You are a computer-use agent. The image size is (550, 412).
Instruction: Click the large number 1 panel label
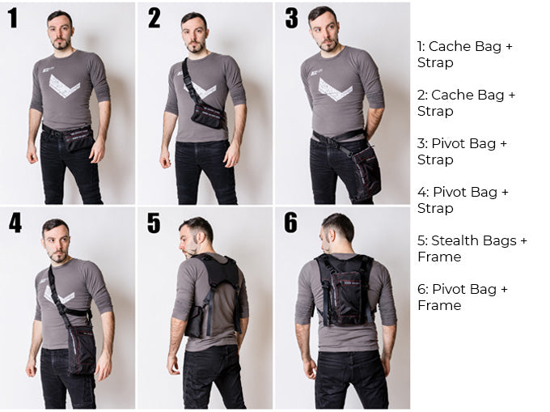[x=13, y=18]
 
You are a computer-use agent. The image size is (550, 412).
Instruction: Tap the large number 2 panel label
[x=154, y=18]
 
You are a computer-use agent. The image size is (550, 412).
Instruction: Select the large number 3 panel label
[x=291, y=18]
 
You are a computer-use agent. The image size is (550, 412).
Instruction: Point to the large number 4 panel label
[x=15, y=222]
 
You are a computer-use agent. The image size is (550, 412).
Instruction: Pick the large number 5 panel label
[x=154, y=223]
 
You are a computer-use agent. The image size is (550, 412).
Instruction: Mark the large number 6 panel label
[x=291, y=222]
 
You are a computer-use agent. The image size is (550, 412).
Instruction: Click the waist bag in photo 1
[x=77, y=138]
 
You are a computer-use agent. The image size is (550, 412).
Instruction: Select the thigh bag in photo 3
[x=366, y=174]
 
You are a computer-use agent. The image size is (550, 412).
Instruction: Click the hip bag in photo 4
[x=82, y=350]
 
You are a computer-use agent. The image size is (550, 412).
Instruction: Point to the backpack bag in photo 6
[x=346, y=294]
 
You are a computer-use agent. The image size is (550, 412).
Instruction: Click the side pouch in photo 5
[x=193, y=321]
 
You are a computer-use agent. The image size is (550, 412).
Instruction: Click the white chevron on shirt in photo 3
[x=335, y=90]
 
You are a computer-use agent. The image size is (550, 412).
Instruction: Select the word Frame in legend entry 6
[x=439, y=305]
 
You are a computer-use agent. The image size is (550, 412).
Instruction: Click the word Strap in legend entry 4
[x=435, y=209]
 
